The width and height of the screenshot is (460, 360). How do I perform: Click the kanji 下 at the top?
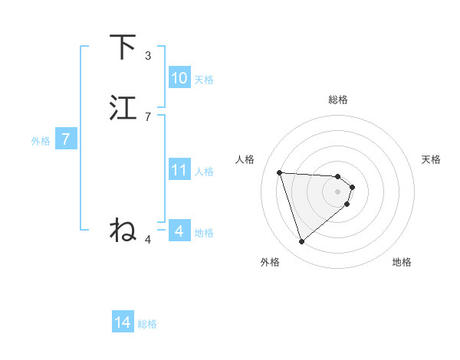[x=123, y=47]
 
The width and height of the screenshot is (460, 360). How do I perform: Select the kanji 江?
[x=123, y=108]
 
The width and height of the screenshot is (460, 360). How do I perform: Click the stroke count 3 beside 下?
[x=148, y=56]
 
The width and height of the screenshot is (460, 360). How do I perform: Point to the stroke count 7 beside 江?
[x=148, y=117]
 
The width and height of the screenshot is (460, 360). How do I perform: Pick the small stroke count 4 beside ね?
[x=148, y=240]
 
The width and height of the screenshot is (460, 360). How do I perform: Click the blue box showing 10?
[x=179, y=78]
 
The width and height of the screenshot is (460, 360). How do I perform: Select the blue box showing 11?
[x=179, y=170]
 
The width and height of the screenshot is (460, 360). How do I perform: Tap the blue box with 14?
[x=123, y=323]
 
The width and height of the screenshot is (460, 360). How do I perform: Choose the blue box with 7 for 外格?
[x=66, y=139]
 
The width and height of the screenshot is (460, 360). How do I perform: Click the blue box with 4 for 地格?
[x=179, y=231]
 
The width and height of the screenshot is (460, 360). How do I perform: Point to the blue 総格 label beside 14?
[x=147, y=324]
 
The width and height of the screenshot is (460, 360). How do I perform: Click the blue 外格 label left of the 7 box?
[x=41, y=140]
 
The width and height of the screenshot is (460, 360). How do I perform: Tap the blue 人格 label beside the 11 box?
[x=205, y=172]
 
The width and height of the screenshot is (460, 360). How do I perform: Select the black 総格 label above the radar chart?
[x=338, y=100]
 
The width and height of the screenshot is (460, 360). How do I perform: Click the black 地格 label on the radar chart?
[x=402, y=263]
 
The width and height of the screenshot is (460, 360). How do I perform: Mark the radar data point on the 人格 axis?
[x=280, y=172]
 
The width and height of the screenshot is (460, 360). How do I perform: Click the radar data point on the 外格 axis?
[x=302, y=242]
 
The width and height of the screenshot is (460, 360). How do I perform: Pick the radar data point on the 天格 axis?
[x=353, y=187]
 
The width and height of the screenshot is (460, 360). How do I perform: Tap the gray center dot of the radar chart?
[x=338, y=191]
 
